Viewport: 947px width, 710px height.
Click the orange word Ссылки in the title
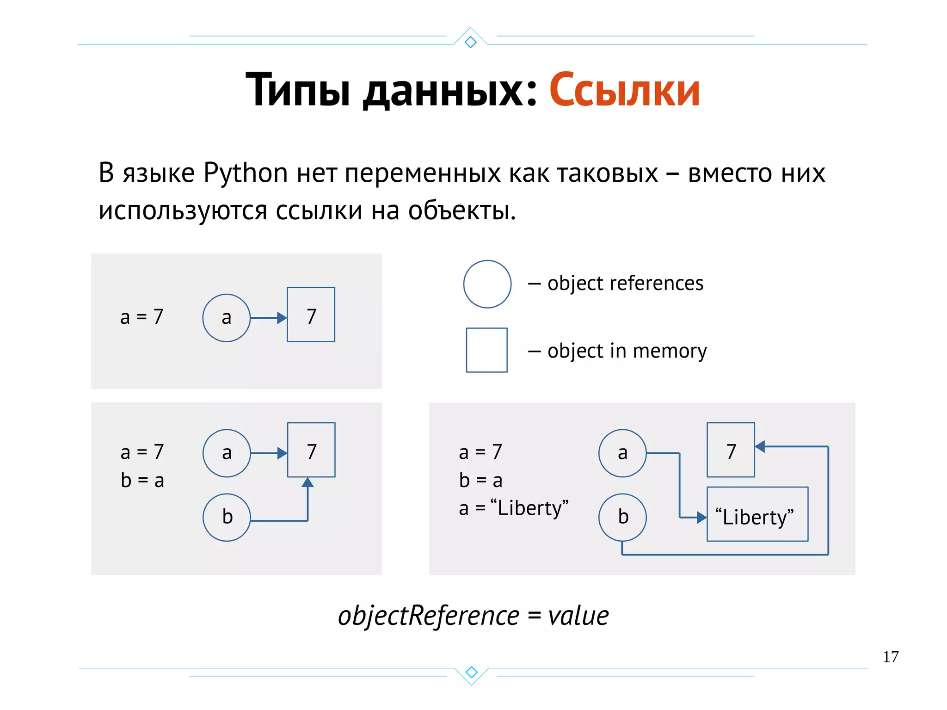coord(624,91)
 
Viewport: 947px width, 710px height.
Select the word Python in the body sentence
coord(246,173)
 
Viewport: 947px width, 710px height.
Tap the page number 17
coord(890,657)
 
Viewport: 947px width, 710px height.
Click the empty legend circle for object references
coord(487,284)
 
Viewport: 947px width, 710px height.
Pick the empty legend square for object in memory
coord(486,350)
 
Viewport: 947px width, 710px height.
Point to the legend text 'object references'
coord(625,283)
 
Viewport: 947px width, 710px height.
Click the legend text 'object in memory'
coord(627,351)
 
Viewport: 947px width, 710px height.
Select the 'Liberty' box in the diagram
coord(757,514)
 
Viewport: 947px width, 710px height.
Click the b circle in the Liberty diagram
coord(622,517)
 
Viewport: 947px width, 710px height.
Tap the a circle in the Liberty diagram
coord(622,453)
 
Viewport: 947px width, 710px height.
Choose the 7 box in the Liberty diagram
coord(731,450)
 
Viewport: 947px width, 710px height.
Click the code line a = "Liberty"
coord(513,508)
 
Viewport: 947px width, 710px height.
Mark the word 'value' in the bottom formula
coord(578,616)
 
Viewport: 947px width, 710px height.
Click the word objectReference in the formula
coord(429,617)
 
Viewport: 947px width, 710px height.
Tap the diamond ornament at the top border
coord(471,42)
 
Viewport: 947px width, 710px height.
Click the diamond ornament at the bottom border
coord(471,672)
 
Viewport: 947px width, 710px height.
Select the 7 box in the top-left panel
coord(311,315)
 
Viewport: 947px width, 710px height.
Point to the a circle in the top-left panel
coord(226,318)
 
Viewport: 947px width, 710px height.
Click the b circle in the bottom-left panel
coord(227,517)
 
